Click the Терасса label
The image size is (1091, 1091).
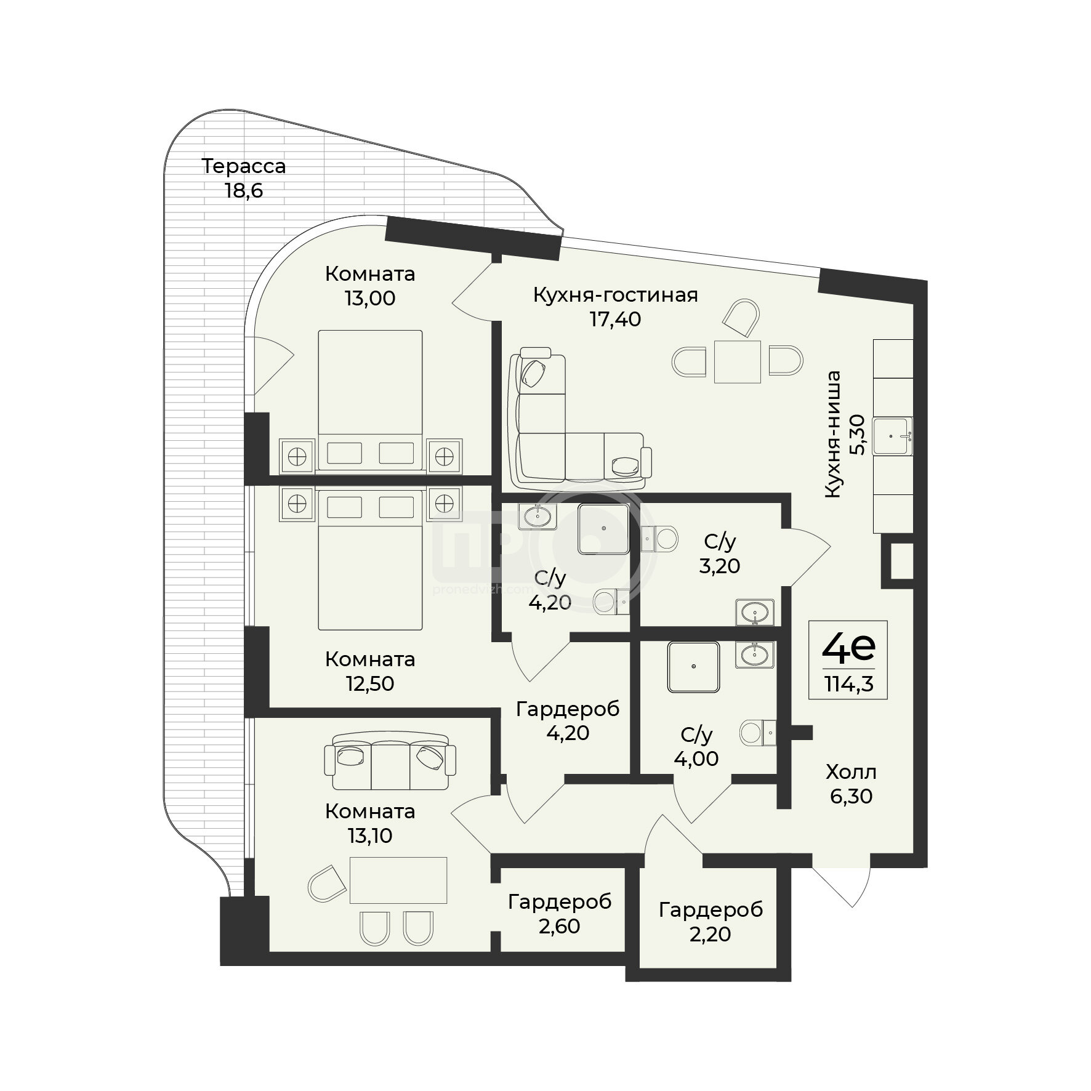tap(244, 166)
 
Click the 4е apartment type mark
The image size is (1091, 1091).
tap(848, 648)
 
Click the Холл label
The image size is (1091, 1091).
tap(851, 772)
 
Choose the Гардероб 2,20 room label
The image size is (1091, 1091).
tap(711, 922)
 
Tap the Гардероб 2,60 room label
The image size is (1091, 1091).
tap(560, 914)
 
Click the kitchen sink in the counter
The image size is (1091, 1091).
tap(893, 436)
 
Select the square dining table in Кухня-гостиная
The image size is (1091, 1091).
tap(738, 361)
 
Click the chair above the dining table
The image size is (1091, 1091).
tap(743, 318)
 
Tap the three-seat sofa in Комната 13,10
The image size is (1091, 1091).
tap(390, 761)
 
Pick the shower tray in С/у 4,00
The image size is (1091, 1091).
tap(693, 667)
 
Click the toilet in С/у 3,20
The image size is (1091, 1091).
tap(659, 539)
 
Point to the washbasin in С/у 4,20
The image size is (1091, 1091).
tap(537, 515)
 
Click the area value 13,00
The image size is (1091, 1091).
tap(370, 299)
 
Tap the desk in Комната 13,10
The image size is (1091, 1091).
tap(398, 880)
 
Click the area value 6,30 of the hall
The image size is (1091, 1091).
tap(851, 796)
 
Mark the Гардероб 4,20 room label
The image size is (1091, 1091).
tap(568, 721)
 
